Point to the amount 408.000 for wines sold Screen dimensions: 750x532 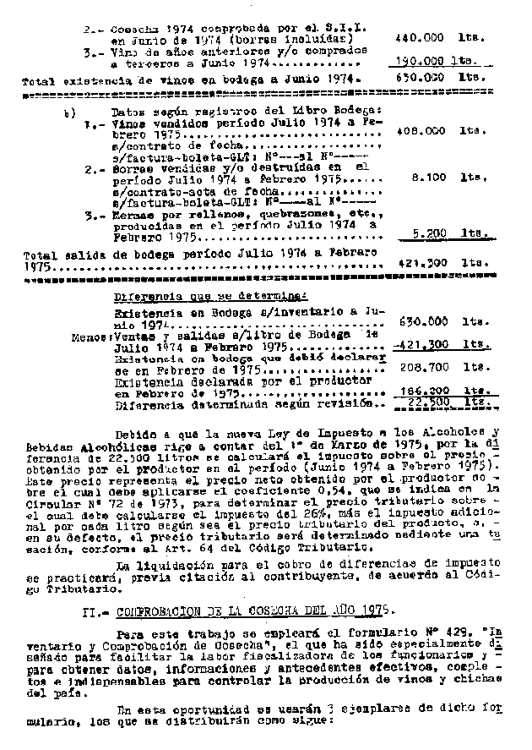pos(420,131)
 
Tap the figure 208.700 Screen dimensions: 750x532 pos(421,368)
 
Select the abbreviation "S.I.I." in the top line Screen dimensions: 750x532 pos(347,27)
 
